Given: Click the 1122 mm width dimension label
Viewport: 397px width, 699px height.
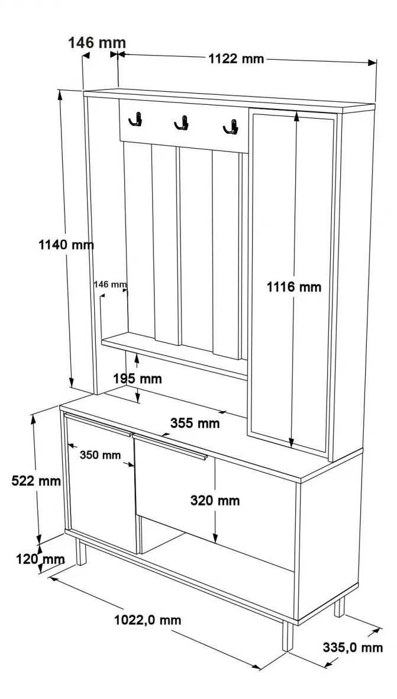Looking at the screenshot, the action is pyautogui.click(x=236, y=59).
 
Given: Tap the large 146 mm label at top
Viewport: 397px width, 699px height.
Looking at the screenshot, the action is pyautogui.click(x=97, y=43).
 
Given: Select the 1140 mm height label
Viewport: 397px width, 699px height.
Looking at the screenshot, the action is pyautogui.click(x=66, y=245).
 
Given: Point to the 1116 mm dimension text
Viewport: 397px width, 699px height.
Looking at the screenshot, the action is pyautogui.click(x=293, y=287).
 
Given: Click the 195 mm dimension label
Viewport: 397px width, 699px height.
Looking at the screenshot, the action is pyautogui.click(x=137, y=379).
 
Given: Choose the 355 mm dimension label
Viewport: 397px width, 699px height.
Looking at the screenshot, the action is pyautogui.click(x=195, y=423).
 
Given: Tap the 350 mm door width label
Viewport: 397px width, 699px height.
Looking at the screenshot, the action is pyautogui.click(x=100, y=455).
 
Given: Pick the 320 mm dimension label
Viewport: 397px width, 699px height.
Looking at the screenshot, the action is pyautogui.click(x=215, y=501).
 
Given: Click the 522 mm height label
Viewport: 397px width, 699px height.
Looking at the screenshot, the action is pyautogui.click(x=36, y=481).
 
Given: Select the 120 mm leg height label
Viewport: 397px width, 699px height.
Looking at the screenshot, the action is pyautogui.click(x=40, y=559).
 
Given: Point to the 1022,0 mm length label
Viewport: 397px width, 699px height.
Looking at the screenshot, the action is pyautogui.click(x=148, y=620).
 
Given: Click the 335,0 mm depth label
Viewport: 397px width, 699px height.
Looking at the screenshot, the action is pyautogui.click(x=353, y=647).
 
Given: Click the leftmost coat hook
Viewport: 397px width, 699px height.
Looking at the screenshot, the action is pyautogui.click(x=135, y=119).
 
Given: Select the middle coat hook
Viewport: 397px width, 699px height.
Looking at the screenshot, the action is pyautogui.click(x=182, y=123).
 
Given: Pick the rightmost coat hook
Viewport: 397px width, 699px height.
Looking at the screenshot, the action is pyautogui.click(x=231, y=127).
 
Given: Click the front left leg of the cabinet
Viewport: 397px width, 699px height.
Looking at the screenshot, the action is pyautogui.click(x=80, y=551).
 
